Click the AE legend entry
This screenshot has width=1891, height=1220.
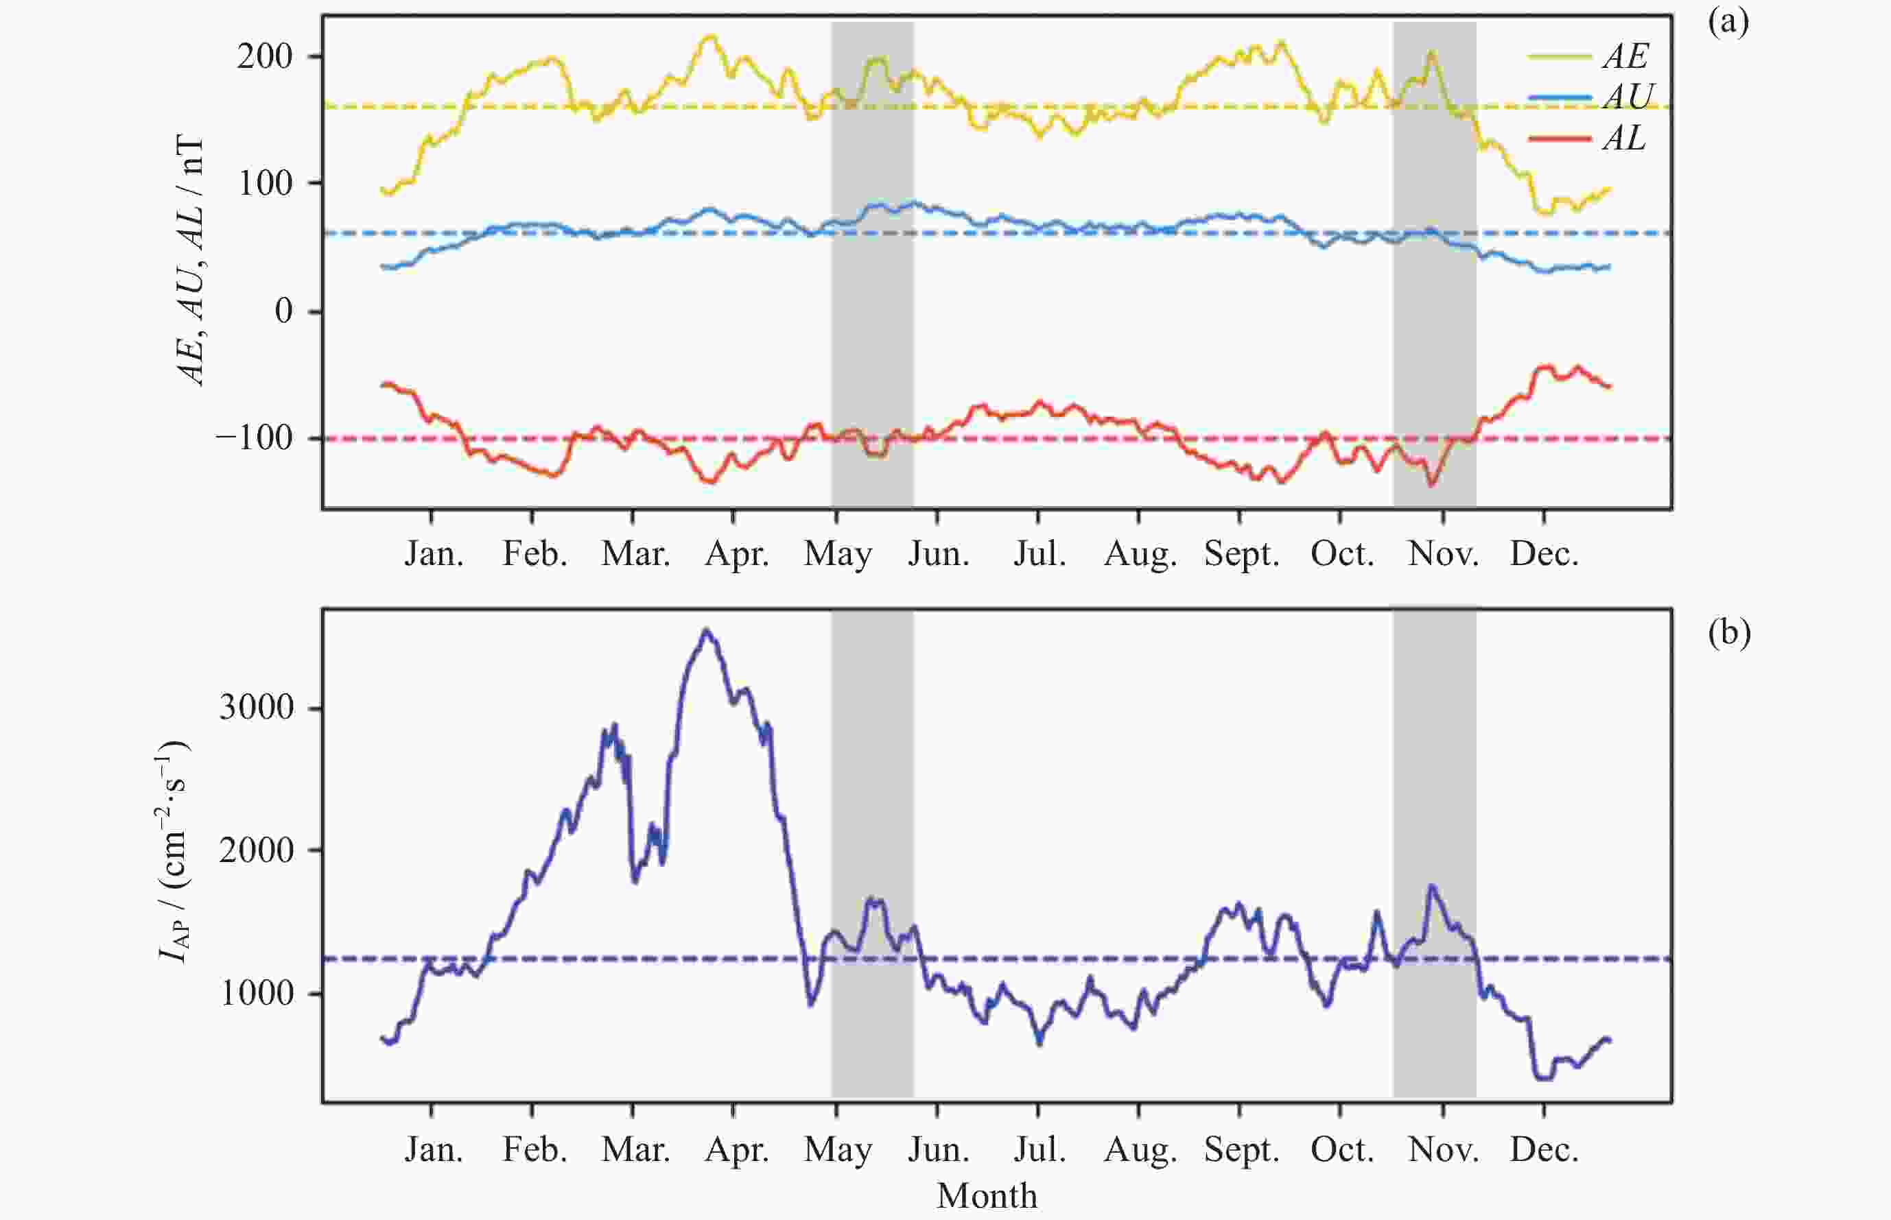click(x=1624, y=56)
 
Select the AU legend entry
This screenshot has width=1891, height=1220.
click(x=1628, y=97)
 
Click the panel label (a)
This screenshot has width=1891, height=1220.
click(x=1728, y=22)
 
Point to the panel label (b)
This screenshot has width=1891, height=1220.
click(x=1729, y=633)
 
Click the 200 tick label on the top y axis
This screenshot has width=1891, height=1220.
click(x=265, y=56)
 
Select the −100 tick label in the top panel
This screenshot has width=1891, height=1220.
click(x=254, y=438)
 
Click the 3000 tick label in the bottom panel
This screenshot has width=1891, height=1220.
click(x=255, y=706)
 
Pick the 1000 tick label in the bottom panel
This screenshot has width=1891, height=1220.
click(x=255, y=992)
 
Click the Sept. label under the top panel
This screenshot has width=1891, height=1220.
click(x=1241, y=553)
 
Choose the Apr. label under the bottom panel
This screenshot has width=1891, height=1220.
click(x=736, y=1149)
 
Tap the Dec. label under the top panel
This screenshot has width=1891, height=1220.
click(x=1544, y=553)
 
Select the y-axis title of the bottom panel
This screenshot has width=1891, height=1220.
click(x=174, y=851)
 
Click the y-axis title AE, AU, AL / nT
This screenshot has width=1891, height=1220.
click(x=190, y=261)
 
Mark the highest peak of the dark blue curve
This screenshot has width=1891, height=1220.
click(x=707, y=632)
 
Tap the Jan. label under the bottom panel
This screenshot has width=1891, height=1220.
click(x=434, y=1149)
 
